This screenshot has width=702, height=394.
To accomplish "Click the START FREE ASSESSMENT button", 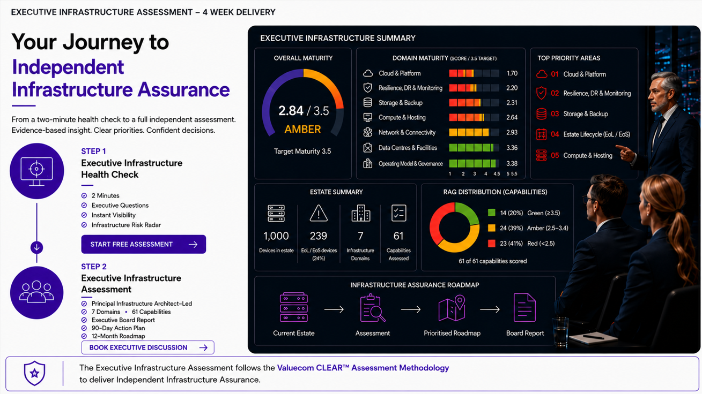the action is coord(144,244).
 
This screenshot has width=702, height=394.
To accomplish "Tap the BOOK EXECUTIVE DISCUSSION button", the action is coord(147,347).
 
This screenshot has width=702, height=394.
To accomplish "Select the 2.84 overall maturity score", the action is coord(291,111).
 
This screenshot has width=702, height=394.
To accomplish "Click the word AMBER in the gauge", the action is coord(302,129).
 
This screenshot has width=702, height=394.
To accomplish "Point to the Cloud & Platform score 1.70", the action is coord(512,73).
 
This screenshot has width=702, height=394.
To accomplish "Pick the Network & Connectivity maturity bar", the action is coord(474,132).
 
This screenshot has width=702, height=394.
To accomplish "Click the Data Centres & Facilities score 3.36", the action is coord(512,148).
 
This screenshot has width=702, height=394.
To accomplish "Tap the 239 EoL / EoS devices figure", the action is coord(319,236).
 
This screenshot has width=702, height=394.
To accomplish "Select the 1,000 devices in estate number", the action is coord(276,236).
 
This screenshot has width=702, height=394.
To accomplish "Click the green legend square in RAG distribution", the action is coord(492,213).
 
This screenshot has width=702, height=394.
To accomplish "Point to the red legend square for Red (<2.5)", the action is coord(492,244).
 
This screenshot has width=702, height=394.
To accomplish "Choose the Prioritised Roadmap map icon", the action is coord(452,308).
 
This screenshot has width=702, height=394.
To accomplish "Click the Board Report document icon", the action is coord(524,308).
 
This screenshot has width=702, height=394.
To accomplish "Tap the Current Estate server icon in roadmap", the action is coord(294,307).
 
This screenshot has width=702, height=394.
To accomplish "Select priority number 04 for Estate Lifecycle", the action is coord(555,134).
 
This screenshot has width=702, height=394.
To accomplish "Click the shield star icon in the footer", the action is coord(34,373).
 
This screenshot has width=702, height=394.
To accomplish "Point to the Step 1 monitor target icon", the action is coord(36,171).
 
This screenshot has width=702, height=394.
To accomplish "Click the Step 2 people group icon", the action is coord(36,292).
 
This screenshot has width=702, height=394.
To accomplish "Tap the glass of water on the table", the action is coord(560,332).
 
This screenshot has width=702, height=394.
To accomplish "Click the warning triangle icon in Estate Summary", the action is coord(319,213).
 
